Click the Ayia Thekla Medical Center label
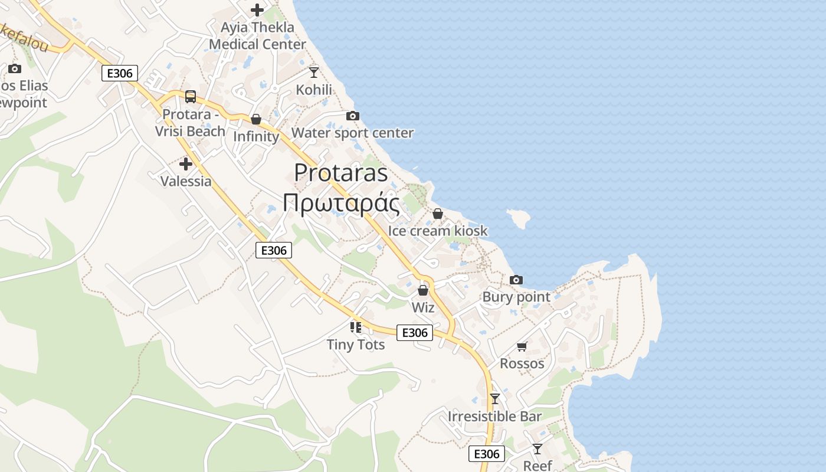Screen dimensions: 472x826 [257, 35]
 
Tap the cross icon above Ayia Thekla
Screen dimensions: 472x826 [257, 9]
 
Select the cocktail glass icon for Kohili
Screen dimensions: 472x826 [314, 72]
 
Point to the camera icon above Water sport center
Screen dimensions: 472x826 [352, 116]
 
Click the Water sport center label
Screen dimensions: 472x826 [352, 133]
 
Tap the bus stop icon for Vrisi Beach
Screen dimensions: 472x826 [190, 96]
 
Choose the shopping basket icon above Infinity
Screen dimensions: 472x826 [256, 119]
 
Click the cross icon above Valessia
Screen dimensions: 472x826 [186, 163]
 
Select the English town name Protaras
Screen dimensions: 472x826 [341, 172]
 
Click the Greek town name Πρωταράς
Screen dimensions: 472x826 [341, 202]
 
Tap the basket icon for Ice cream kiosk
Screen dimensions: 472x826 [438, 213]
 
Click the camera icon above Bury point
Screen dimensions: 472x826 [516, 280]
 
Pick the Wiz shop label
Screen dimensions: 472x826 [423, 307]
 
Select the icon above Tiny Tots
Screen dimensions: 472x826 [356, 327]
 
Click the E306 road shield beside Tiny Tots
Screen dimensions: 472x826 [414, 332]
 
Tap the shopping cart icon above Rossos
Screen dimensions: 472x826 [522, 346]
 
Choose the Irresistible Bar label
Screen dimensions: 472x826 [494, 416]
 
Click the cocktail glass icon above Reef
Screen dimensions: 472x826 [537, 449]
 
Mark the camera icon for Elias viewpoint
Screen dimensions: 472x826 [15, 68]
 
